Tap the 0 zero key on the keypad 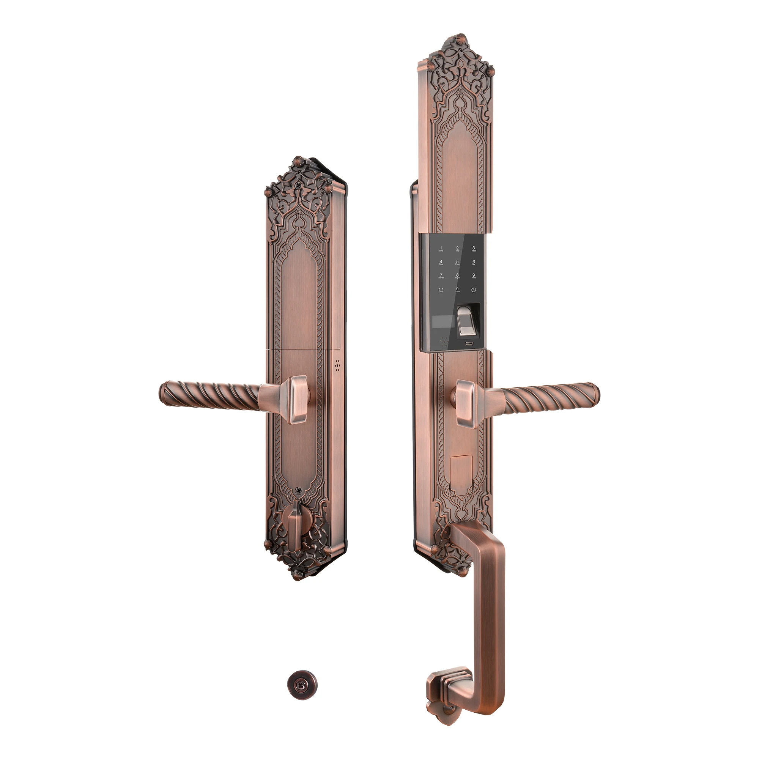[x=457, y=290]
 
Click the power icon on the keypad [x=474, y=290]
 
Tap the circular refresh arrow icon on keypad [x=441, y=290]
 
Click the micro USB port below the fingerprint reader [x=469, y=343]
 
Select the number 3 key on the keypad [x=474, y=249]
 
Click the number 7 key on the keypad [x=441, y=276]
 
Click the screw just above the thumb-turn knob [x=299, y=491]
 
